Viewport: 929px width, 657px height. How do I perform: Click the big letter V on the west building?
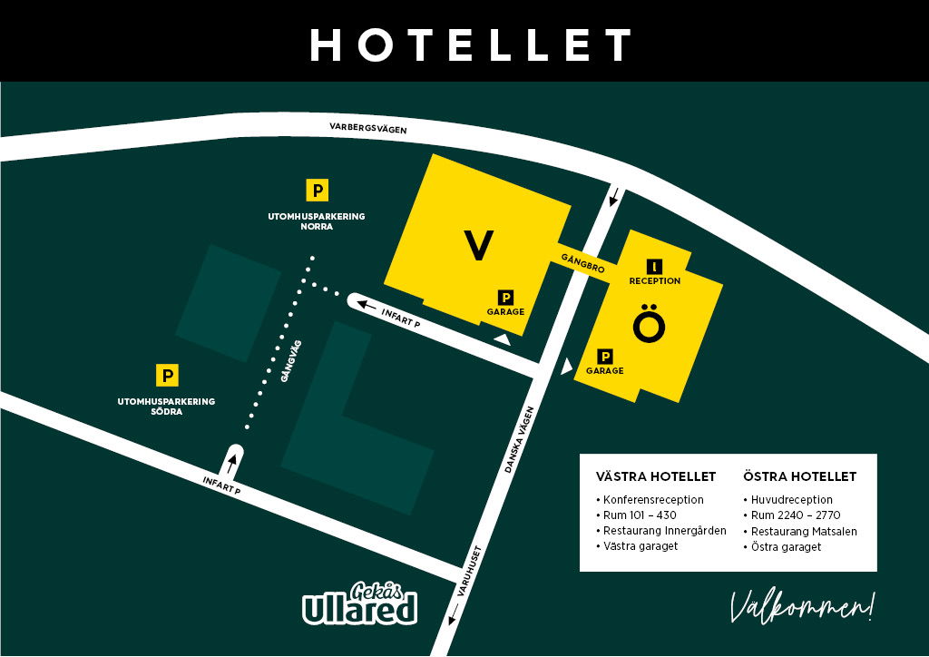click(x=479, y=246)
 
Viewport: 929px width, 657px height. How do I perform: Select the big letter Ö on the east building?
click(x=649, y=324)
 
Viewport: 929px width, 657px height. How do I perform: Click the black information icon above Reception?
click(x=655, y=266)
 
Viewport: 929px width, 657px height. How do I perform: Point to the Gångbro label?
click(x=582, y=262)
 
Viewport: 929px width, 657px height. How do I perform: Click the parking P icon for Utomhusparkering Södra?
click(x=167, y=375)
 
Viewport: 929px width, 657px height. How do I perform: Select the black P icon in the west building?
click(x=506, y=297)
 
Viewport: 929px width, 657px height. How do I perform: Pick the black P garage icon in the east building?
click(x=605, y=357)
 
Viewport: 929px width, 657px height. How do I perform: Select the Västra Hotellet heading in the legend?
click(x=656, y=476)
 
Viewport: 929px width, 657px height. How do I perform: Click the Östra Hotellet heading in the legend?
click(x=799, y=476)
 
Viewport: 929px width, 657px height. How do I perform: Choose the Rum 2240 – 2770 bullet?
click(x=795, y=515)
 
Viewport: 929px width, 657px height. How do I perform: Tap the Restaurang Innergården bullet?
click(x=661, y=531)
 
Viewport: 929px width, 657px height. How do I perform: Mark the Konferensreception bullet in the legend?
click(x=650, y=500)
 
